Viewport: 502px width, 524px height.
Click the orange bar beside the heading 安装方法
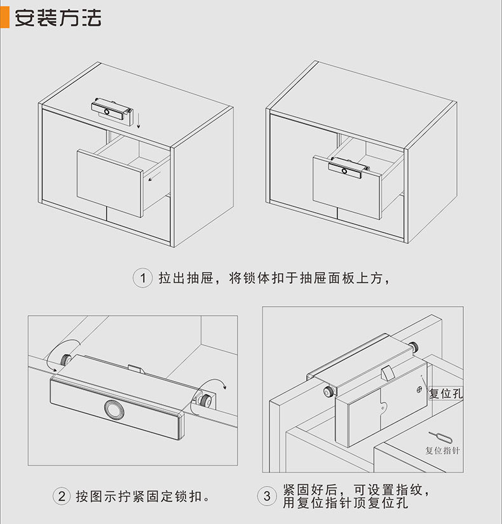click(4, 18)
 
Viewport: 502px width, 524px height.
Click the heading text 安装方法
click(58, 18)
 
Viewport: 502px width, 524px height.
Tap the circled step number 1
click(143, 278)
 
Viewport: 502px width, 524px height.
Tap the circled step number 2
click(62, 496)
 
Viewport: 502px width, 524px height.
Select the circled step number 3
click(267, 496)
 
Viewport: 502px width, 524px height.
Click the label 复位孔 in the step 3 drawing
click(446, 393)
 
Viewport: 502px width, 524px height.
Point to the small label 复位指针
click(442, 450)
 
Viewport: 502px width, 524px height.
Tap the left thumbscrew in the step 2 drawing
click(65, 359)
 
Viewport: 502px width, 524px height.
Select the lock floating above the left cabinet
click(112, 111)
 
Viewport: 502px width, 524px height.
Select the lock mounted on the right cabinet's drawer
click(349, 168)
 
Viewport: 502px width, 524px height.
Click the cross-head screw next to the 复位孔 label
click(419, 389)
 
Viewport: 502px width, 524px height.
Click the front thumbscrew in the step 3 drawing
click(329, 391)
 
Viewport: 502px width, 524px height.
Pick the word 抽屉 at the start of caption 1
click(200, 278)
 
